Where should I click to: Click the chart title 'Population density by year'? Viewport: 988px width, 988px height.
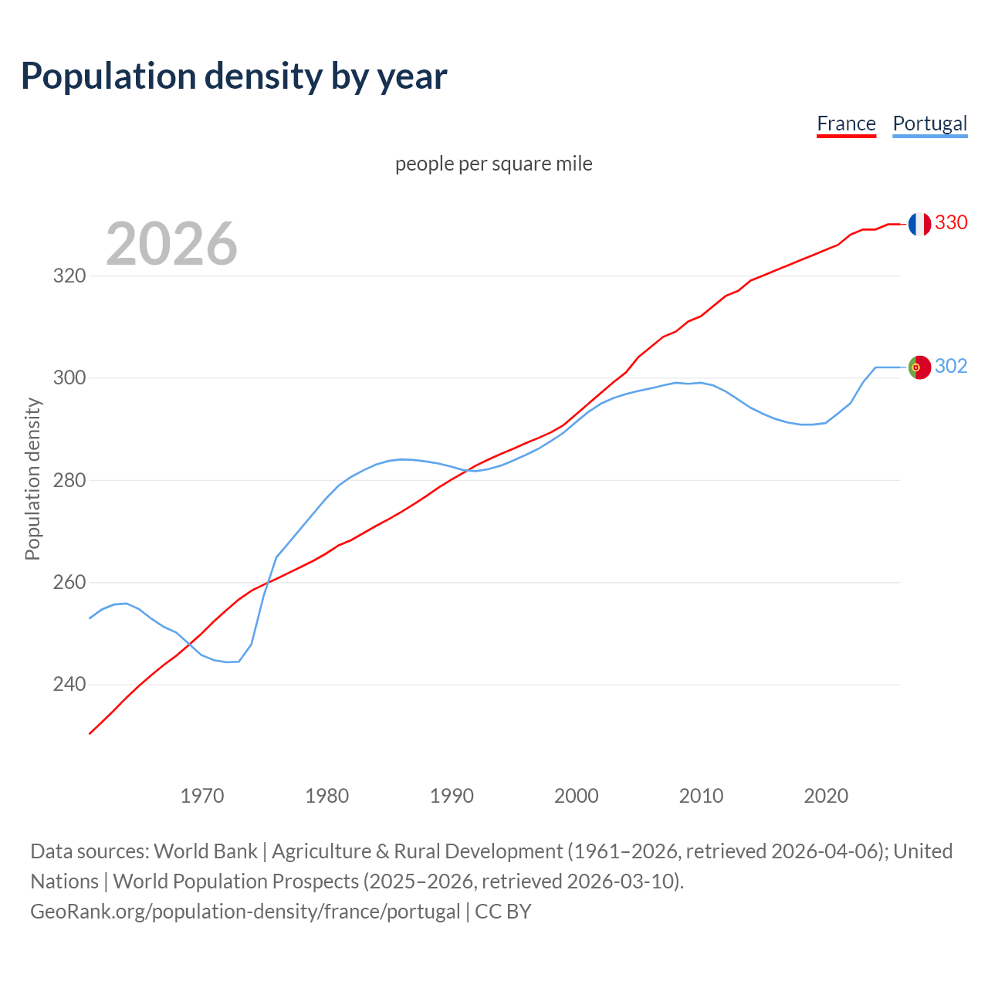pos(234,76)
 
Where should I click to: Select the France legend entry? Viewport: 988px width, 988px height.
pos(846,123)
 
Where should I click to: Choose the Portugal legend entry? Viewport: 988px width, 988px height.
pos(929,123)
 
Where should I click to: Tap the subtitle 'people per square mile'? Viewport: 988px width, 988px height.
pos(493,164)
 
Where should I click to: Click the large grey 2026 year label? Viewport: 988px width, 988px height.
pos(171,244)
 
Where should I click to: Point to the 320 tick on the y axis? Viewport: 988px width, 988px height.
pos(69,276)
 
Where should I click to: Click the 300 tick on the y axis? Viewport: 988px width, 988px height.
pos(69,378)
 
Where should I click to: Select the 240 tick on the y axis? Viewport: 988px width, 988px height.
pos(69,685)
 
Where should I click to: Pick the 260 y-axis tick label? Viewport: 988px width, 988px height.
pos(69,583)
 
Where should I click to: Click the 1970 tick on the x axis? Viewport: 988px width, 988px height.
pos(202,796)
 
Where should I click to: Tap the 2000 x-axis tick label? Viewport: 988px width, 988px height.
pos(577,796)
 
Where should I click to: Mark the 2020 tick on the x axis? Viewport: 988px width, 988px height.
pos(826,796)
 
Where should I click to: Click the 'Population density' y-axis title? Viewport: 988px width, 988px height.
pos(32,479)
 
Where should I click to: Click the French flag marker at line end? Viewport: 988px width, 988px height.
pos(919,224)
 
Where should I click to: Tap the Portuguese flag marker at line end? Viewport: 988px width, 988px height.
pos(919,367)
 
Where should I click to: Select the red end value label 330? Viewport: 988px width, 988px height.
pos(951,222)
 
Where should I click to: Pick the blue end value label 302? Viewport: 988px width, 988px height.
pos(951,366)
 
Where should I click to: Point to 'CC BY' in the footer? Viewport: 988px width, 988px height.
pos(503,912)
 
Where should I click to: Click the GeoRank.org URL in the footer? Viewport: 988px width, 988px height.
pos(245,912)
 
